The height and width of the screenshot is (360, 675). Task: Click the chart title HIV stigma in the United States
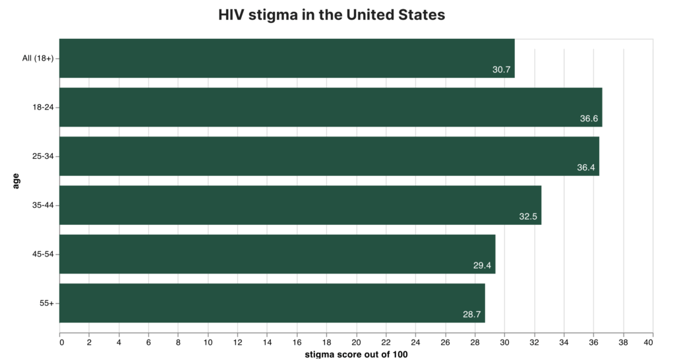coord(332,15)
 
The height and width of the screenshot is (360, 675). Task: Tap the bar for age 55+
coord(272,303)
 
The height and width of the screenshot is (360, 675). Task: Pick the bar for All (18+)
coord(287,58)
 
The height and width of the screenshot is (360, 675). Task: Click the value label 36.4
coord(586,167)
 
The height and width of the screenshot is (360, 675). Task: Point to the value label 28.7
coord(472,315)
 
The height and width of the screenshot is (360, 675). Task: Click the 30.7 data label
coord(502,69)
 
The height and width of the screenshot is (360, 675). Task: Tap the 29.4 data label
coord(483,266)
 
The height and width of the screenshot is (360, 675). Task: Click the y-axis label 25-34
coord(42,156)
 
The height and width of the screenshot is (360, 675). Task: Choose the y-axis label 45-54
coord(42,255)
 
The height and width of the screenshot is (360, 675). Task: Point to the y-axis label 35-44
coord(42,205)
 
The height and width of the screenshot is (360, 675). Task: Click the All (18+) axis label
coord(38,58)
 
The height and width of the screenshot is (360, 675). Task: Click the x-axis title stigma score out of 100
coord(356,355)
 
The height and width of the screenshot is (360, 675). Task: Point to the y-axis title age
coord(16,181)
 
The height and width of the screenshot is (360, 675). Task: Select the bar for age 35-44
coord(301,205)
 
